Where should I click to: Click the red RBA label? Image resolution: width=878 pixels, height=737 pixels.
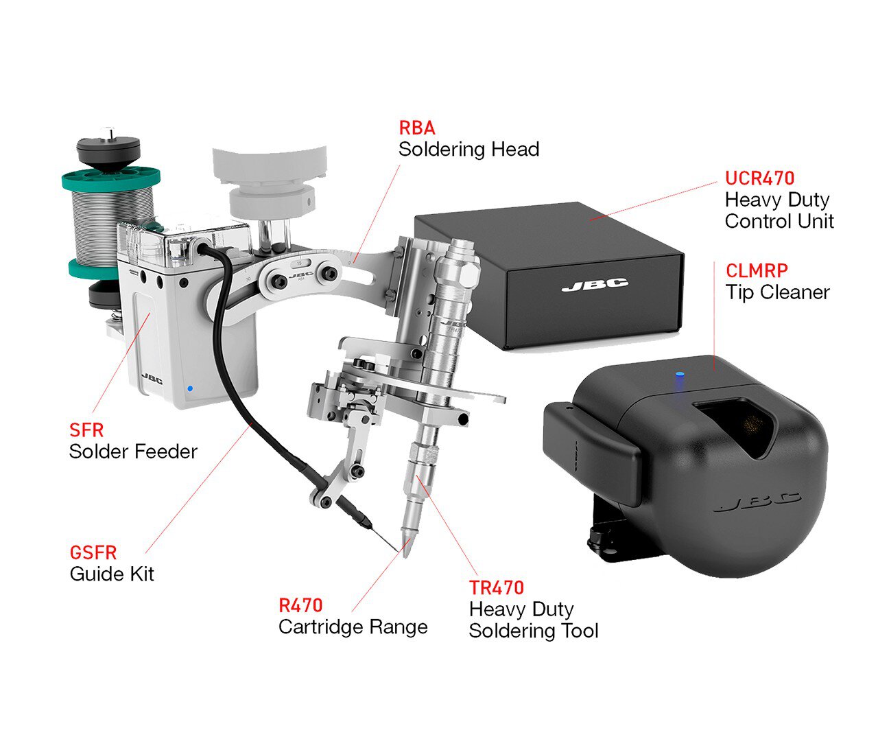[x=417, y=128]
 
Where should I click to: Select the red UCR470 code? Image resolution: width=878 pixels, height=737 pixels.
[x=760, y=178]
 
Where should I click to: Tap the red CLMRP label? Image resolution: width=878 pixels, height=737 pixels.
[x=757, y=271]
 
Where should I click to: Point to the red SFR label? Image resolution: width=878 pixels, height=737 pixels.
[x=86, y=430]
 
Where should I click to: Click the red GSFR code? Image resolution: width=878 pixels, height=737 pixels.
[x=93, y=553]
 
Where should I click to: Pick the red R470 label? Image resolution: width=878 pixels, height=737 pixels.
[x=300, y=606]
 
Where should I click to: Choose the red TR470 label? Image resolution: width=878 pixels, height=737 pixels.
[x=497, y=588]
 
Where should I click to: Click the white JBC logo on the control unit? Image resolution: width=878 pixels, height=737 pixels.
[x=595, y=285]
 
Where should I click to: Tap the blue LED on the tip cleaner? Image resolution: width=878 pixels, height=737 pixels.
[x=679, y=373]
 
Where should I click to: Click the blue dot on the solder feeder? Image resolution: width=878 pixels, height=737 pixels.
[x=190, y=388]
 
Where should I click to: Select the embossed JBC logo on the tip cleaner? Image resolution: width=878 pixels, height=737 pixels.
[x=757, y=502]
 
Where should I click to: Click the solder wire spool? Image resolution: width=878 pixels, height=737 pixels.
[x=111, y=223]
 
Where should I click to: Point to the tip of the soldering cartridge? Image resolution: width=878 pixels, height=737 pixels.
[x=405, y=557]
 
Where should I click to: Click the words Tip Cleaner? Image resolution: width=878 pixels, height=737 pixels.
[x=777, y=293]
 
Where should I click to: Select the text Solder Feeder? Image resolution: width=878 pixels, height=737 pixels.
[x=133, y=452]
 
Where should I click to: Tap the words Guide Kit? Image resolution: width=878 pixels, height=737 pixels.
[x=112, y=574]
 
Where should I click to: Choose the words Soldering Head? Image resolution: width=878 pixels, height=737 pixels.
[x=468, y=150]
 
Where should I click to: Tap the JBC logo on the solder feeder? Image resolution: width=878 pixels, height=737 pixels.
[x=152, y=378]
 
